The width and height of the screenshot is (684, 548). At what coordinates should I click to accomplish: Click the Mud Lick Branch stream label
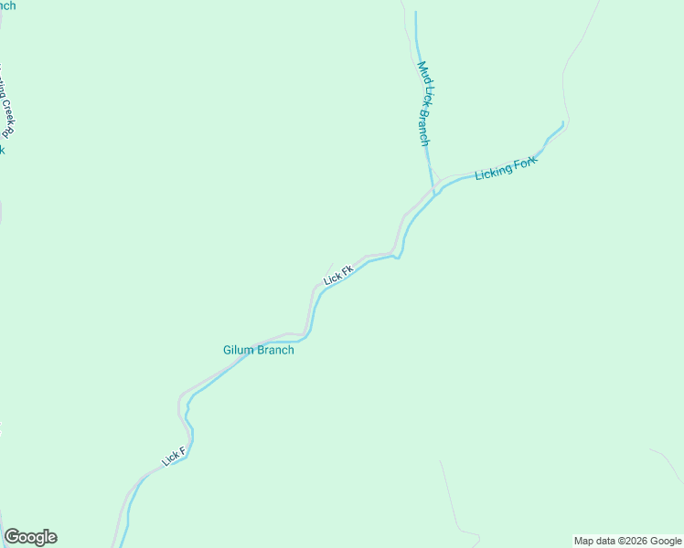tap(423, 103)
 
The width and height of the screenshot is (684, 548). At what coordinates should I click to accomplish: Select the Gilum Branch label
tap(259, 350)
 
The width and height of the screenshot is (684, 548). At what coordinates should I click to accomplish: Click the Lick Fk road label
tap(337, 274)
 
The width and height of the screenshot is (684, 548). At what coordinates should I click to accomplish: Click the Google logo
tap(30, 537)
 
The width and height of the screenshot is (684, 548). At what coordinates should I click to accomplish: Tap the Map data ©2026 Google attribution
tap(627, 541)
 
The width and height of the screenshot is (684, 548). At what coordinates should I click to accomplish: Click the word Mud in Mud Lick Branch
tap(422, 70)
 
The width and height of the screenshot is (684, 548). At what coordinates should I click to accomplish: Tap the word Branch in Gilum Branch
tap(277, 350)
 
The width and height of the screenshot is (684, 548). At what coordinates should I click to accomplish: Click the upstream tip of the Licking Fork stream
tap(562, 122)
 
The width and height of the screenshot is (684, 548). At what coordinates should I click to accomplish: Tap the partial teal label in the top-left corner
tap(7, 5)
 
